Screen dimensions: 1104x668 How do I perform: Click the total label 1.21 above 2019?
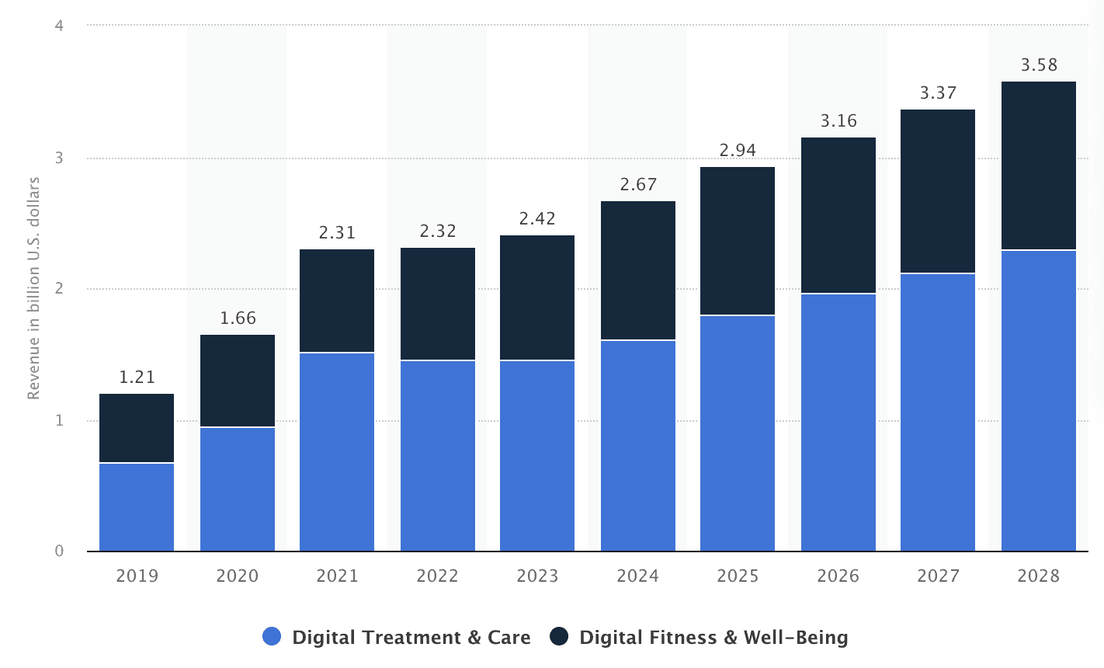[x=137, y=377]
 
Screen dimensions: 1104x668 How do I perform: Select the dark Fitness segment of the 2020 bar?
[x=238, y=381]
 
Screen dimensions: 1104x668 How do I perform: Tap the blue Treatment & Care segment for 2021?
[x=337, y=452]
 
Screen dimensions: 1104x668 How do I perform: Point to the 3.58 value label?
[x=1039, y=65]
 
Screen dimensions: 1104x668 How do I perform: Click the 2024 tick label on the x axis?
[x=637, y=576]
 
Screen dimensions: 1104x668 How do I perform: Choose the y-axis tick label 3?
[x=59, y=158]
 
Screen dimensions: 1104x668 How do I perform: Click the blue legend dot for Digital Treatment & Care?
[x=272, y=636]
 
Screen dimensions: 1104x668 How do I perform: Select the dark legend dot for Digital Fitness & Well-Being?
[x=559, y=636]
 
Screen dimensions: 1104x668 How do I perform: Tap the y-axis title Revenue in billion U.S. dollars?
[x=33, y=288]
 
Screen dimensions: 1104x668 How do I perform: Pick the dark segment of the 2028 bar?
[x=1039, y=165]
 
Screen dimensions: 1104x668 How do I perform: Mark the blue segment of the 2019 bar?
[x=137, y=507]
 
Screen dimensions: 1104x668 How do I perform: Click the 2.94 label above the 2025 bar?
[x=738, y=151]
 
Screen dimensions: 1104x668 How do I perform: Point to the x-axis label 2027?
[x=939, y=576]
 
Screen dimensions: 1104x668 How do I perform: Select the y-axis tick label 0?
[x=59, y=551]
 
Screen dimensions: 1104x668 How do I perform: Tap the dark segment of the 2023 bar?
[x=537, y=297]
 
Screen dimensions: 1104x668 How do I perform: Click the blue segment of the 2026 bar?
[x=838, y=423]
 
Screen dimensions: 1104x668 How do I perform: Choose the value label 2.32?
[x=438, y=231]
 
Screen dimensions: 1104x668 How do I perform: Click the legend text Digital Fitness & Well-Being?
[x=713, y=638]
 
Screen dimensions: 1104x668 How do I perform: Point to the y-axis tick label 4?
[x=59, y=25]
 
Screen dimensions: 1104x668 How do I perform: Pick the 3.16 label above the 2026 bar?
[x=838, y=121]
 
